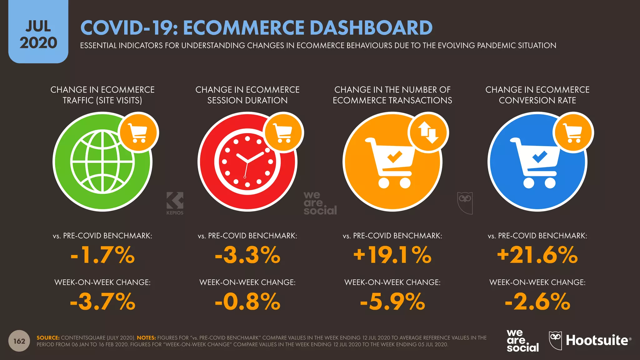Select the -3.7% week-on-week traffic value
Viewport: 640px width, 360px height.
(x=102, y=302)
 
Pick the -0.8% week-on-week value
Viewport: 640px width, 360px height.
(x=247, y=302)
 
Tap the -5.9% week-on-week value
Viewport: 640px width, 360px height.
(x=392, y=302)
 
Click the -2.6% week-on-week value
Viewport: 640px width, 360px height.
(x=537, y=302)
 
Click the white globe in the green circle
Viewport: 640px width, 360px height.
(x=102, y=162)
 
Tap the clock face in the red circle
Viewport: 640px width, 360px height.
(x=247, y=162)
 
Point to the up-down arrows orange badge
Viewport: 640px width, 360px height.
(x=428, y=132)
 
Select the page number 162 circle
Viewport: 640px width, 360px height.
(x=19, y=341)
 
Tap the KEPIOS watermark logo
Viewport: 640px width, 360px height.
(x=175, y=203)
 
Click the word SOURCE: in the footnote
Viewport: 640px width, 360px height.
(x=48, y=338)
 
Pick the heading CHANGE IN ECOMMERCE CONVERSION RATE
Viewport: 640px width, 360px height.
(x=537, y=95)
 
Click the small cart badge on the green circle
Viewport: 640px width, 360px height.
(x=139, y=132)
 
